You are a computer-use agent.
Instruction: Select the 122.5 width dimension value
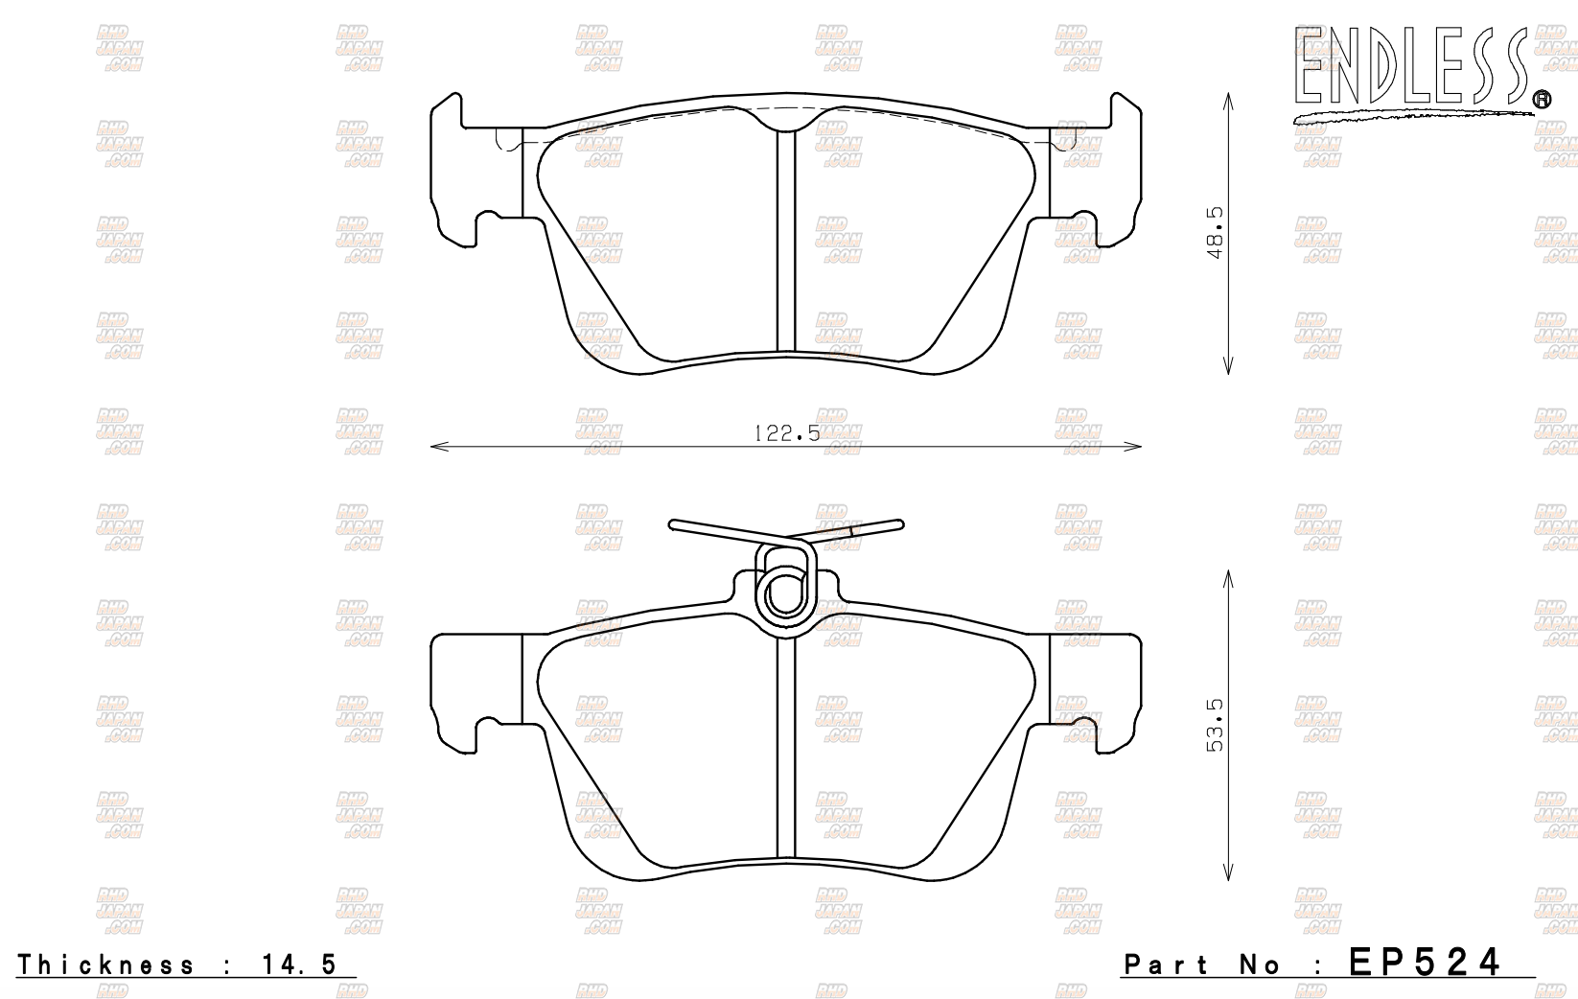click(x=786, y=433)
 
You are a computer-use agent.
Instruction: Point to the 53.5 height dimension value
click(x=1216, y=726)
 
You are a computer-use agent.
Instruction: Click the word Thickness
click(x=105, y=964)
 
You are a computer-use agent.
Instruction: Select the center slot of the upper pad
click(x=786, y=240)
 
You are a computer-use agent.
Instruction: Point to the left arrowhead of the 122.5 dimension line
click(x=437, y=446)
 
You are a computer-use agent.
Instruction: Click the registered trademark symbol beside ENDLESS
click(x=1541, y=99)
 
